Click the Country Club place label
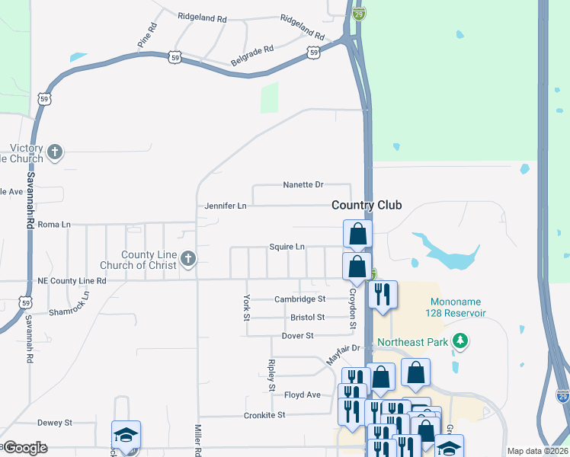tap(366, 206)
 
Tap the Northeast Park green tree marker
tap(460, 342)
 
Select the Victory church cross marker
tap(54, 152)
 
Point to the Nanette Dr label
tap(303, 185)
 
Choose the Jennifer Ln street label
tap(226, 206)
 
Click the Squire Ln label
tap(287, 247)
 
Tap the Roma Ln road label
tap(54, 225)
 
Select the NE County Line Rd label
tap(72, 280)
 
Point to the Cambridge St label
tap(299, 299)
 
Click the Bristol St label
tap(307, 317)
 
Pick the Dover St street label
tap(297, 336)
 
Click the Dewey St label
tap(54, 422)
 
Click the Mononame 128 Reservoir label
tap(457, 308)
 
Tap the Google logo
tap(24, 448)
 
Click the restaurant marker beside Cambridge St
tap(382, 295)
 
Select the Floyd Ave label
tap(303, 395)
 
